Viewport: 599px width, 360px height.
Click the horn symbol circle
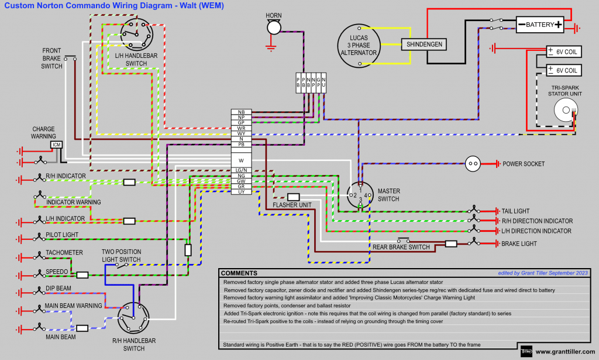click(x=274, y=28)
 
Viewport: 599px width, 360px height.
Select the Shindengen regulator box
click(x=424, y=44)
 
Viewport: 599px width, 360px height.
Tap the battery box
click(x=540, y=25)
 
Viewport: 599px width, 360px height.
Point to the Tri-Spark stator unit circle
click(x=565, y=109)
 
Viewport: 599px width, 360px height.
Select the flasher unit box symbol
click(x=294, y=197)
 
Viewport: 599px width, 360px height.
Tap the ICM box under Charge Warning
click(x=57, y=145)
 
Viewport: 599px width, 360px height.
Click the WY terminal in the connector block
click(x=241, y=133)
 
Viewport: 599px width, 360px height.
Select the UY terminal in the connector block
click(x=241, y=192)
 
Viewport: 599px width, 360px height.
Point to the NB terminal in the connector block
click(x=241, y=112)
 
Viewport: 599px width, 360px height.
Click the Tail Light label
click(x=515, y=211)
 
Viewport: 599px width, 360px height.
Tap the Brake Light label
click(x=519, y=243)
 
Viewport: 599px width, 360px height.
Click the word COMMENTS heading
click(x=239, y=273)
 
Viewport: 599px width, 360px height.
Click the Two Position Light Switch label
click(x=122, y=255)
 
